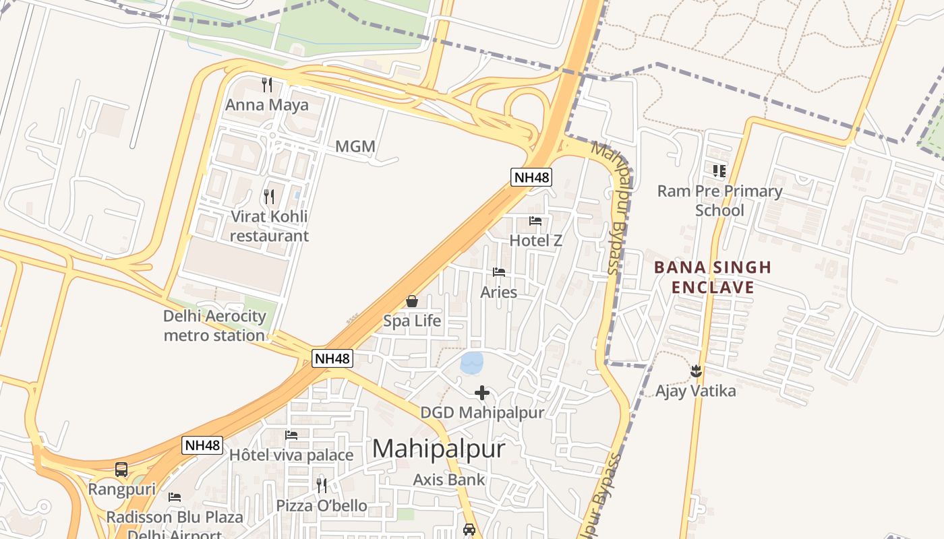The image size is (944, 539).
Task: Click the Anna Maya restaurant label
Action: (267, 105)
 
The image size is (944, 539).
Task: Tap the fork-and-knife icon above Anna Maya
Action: (267, 85)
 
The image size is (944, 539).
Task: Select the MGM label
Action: (355, 146)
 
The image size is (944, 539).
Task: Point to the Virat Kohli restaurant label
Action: (269, 226)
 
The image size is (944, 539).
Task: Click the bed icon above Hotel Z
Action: (535, 221)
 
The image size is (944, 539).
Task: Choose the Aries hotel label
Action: (499, 292)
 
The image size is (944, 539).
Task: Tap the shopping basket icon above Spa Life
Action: (412, 301)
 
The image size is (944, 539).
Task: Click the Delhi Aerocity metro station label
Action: (214, 325)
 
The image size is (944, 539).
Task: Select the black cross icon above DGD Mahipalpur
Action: (482, 393)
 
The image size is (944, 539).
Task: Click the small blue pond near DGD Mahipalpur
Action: (472, 362)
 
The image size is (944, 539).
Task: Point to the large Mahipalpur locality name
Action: (438, 449)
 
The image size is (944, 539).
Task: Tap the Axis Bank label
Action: (449, 480)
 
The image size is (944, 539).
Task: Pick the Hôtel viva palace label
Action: (291, 455)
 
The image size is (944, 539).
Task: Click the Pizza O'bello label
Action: (322, 505)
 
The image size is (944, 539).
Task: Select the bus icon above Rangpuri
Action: (121, 470)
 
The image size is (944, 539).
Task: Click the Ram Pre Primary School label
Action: (719, 201)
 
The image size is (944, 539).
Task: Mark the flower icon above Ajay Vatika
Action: (696, 371)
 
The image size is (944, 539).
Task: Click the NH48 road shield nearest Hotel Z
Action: (531, 177)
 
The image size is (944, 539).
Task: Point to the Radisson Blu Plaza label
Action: (175, 517)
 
